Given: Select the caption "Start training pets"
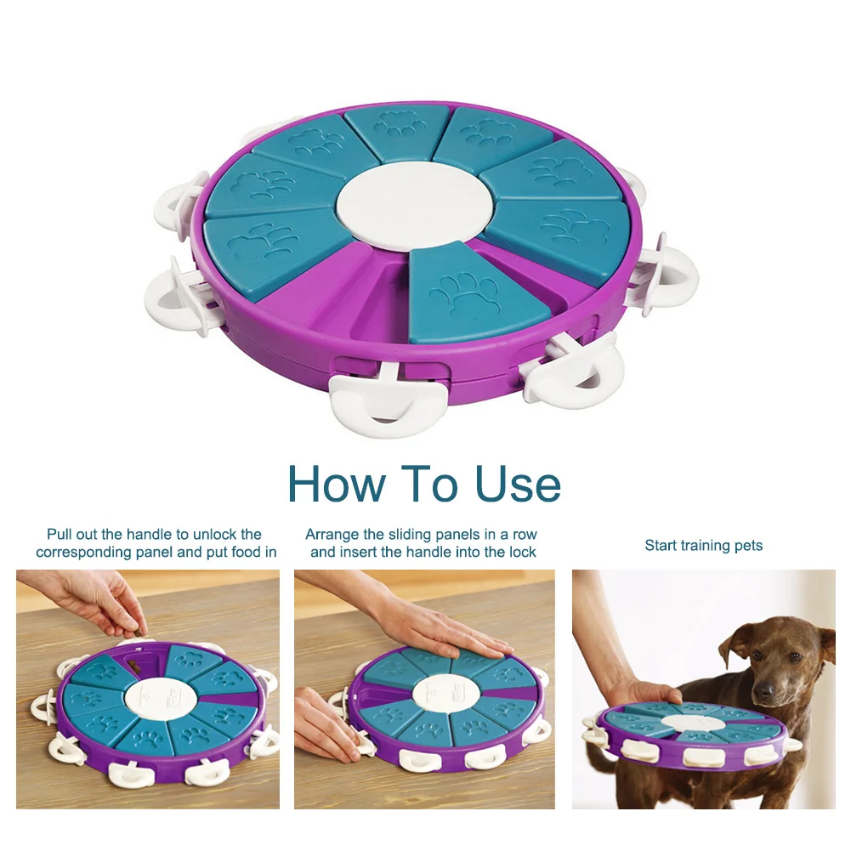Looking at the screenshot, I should point(703,545).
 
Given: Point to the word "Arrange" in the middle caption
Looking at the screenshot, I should point(332,534).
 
